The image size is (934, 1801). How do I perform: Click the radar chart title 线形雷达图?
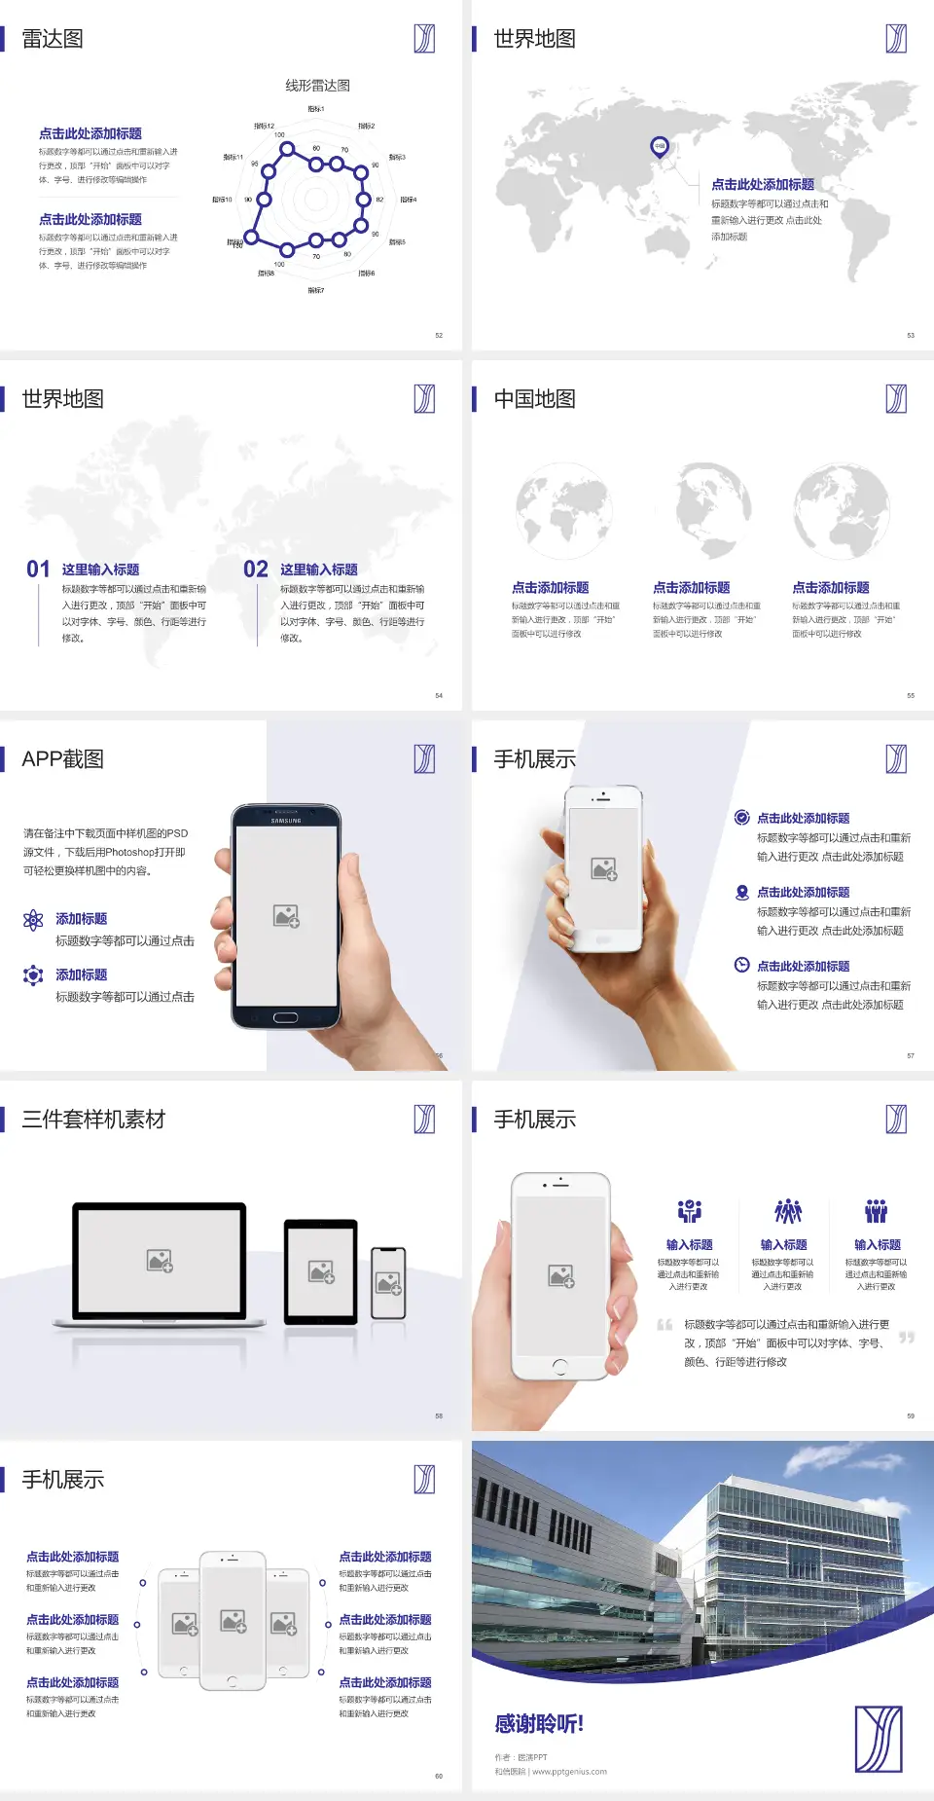pos(317,86)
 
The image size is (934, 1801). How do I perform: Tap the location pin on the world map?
pos(660,147)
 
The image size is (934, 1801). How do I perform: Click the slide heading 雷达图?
pos(53,39)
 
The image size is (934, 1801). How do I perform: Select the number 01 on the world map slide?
pos(38,570)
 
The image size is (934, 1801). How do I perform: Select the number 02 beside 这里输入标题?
pos(256,570)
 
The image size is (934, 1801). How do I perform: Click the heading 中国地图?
pos(534,399)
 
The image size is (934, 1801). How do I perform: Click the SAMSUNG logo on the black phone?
pos(286,821)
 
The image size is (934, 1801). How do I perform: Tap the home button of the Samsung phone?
pos(285,1017)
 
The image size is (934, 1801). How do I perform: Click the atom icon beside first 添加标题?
pos(33,920)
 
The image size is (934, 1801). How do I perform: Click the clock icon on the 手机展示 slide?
pos(741,965)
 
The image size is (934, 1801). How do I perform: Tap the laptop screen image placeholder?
pos(160,1261)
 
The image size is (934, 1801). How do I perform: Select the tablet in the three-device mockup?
pos(321,1271)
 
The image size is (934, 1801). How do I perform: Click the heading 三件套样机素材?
pos(93,1120)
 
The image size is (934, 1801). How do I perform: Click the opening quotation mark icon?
pos(665,1324)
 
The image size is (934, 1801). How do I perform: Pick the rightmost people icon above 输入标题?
pos(877,1211)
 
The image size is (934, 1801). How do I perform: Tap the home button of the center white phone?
pos(233,1680)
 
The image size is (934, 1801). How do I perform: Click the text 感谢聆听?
pos(539,1724)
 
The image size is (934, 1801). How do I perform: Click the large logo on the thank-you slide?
pos(879,1739)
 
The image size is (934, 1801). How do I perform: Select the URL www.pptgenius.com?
pos(569,1772)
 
